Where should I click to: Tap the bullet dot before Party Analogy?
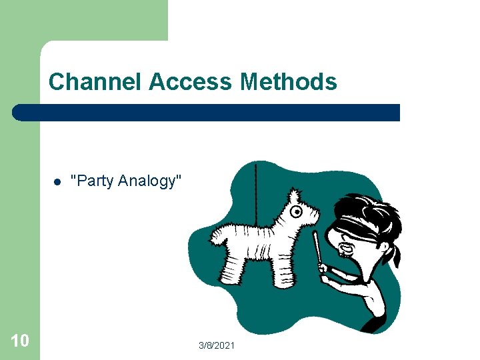click(57, 181)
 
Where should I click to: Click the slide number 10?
click(20, 341)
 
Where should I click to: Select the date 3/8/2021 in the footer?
click(217, 345)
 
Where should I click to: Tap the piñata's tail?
click(217, 235)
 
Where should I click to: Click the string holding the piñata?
click(256, 183)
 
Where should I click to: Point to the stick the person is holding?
click(316, 247)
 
